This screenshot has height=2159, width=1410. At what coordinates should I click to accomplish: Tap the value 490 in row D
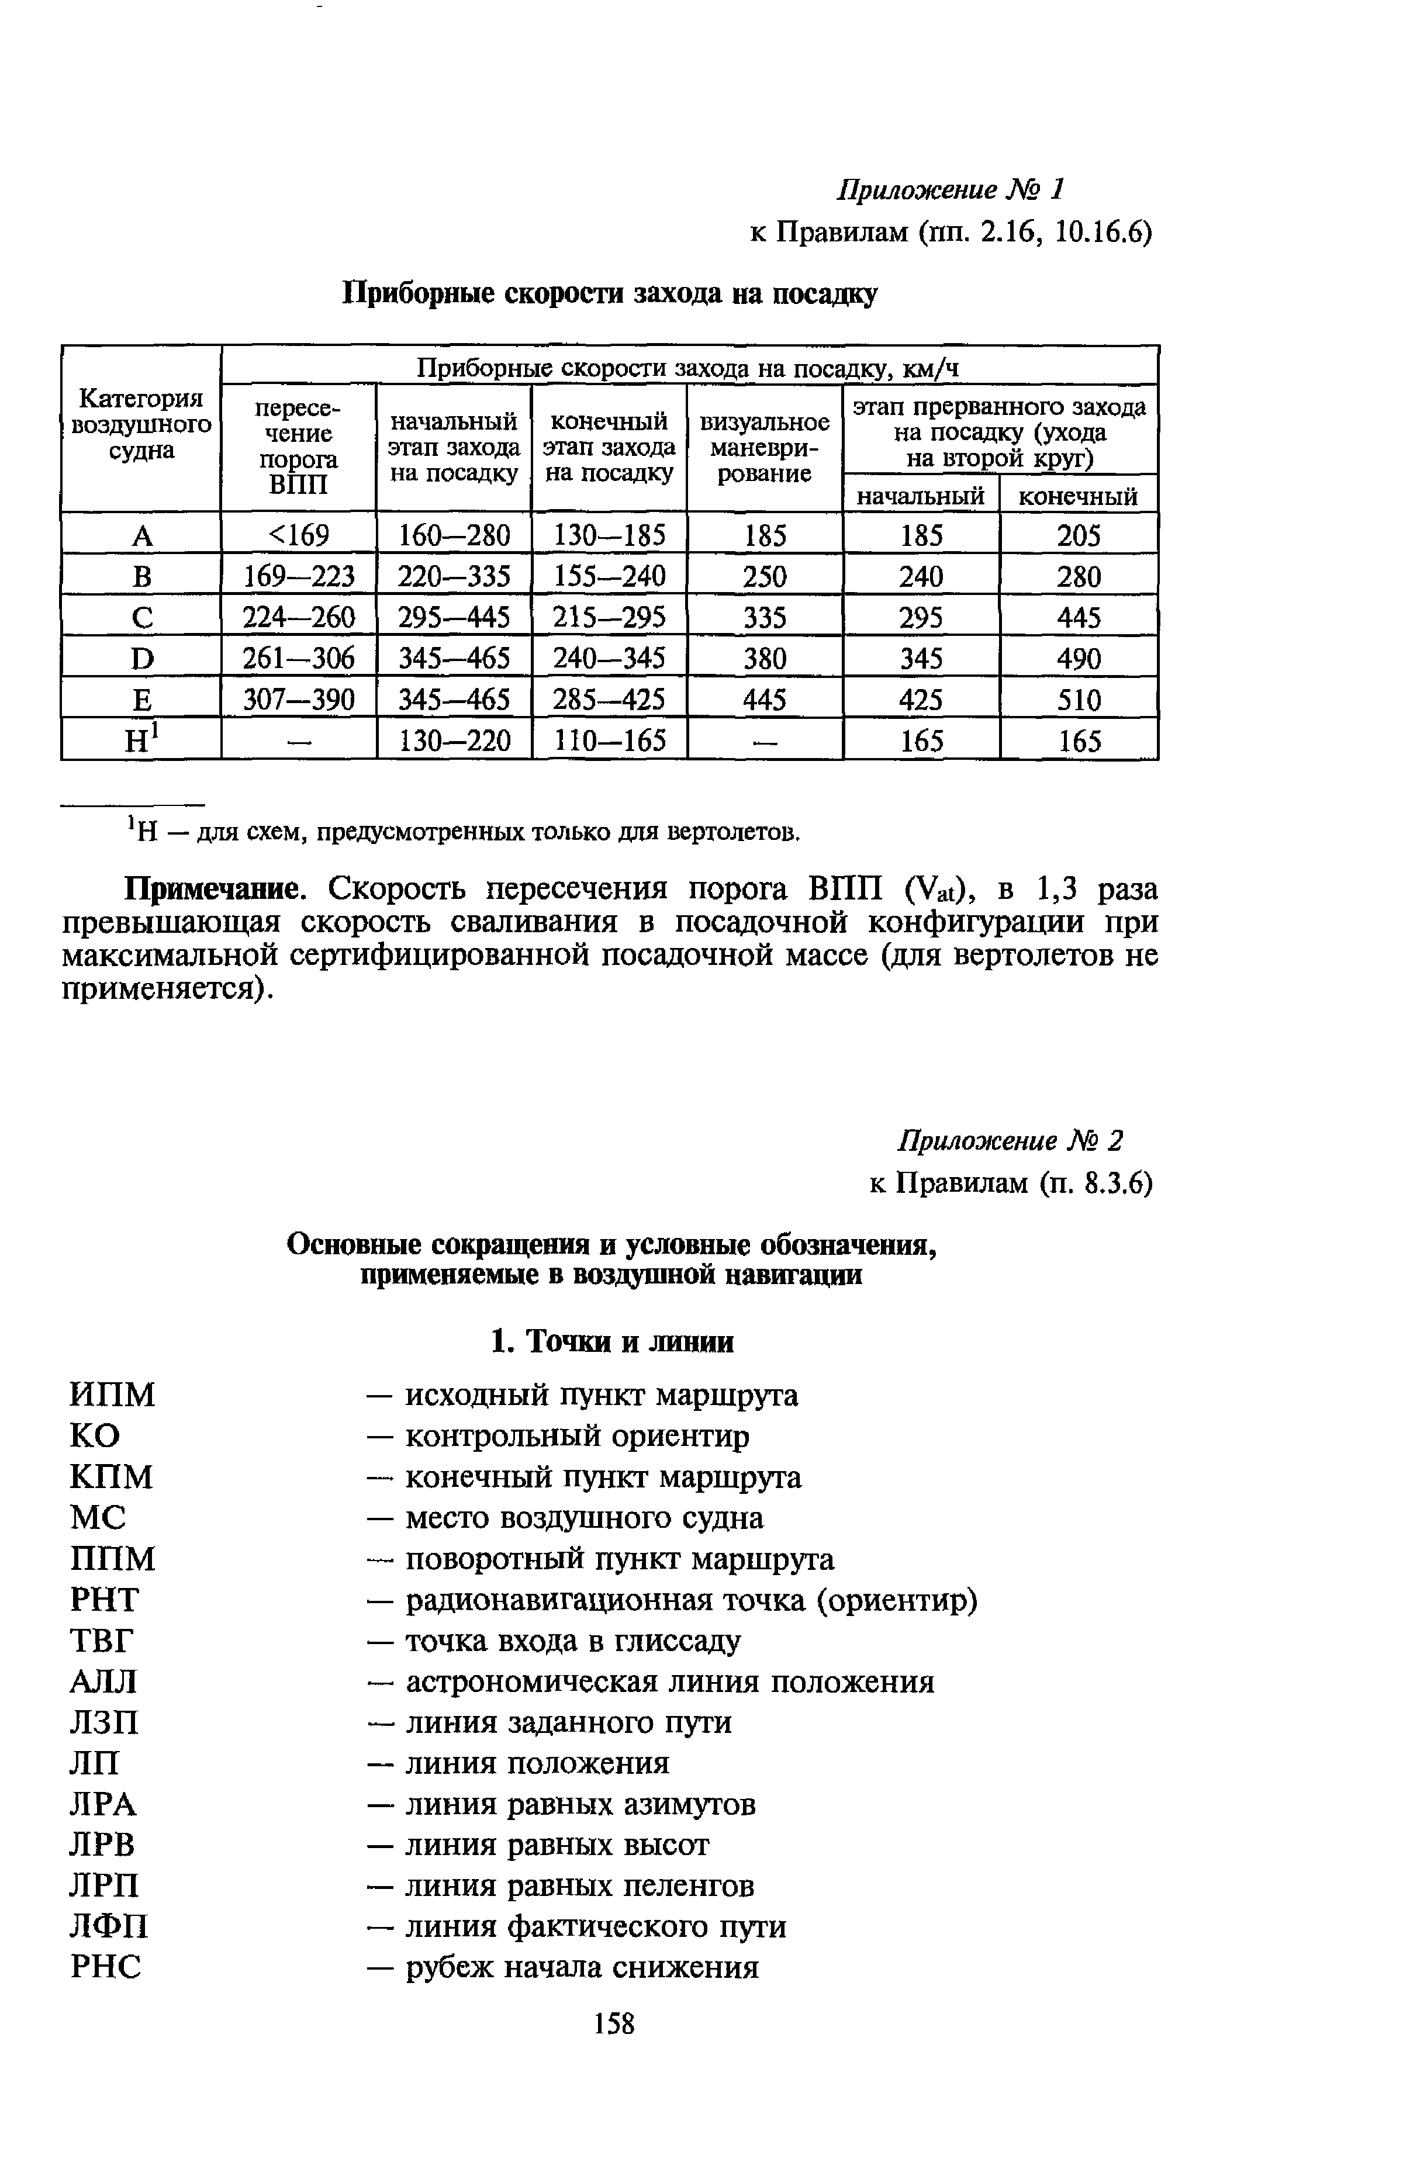click(x=1078, y=658)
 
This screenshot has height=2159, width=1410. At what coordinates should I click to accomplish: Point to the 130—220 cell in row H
click(x=454, y=741)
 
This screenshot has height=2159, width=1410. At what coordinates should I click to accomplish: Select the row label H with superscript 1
click(x=141, y=741)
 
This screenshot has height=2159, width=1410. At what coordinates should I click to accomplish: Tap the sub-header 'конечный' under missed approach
click(x=1078, y=496)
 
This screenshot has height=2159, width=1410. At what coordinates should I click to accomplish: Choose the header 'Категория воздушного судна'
click(x=141, y=424)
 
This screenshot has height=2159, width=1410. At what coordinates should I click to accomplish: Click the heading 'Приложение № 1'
click(x=949, y=189)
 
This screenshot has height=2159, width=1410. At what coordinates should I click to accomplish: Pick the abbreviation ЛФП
click(x=108, y=1927)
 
